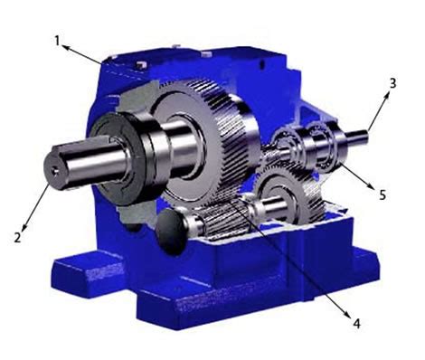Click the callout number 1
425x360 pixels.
point(57,42)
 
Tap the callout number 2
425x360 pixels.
point(17,237)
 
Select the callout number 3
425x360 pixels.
point(392,83)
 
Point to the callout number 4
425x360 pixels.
point(356,324)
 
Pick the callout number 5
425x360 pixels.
point(382,195)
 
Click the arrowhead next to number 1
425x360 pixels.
point(65,47)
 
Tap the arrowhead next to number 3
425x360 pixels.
point(386,96)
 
